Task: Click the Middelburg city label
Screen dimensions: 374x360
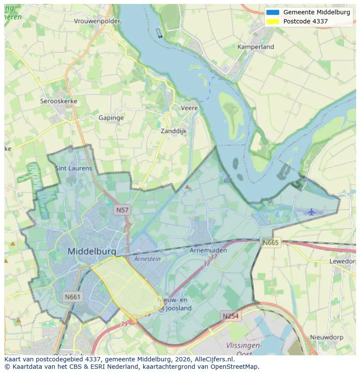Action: [x=92, y=252]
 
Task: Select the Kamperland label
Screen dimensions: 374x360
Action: [x=256, y=47]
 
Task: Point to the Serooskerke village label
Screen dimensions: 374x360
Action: [x=59, y=101]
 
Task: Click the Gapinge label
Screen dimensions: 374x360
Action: [x=111, y=118]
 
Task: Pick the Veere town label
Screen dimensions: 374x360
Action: [x=189, y=108]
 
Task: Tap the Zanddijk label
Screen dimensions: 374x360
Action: [x=173, y=131]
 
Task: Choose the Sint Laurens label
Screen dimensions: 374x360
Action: [x=73, y=168]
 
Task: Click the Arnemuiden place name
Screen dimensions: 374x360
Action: [x=208, y=251]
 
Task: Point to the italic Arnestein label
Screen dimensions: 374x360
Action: [x=147, y=259]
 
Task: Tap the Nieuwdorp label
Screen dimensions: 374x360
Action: [x=327, y=337]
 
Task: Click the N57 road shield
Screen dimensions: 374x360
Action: [x=122, y=210]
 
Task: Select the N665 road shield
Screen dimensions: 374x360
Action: [x=270, y=242]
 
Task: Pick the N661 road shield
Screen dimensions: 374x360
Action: [x=72, y=297]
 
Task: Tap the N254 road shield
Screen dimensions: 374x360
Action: [x=230, y=316]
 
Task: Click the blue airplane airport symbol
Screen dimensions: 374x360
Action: [x=311, y=212]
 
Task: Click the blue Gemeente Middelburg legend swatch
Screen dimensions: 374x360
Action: [x=273, y=12]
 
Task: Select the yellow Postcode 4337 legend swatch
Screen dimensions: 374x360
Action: [x=273, y=21]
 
